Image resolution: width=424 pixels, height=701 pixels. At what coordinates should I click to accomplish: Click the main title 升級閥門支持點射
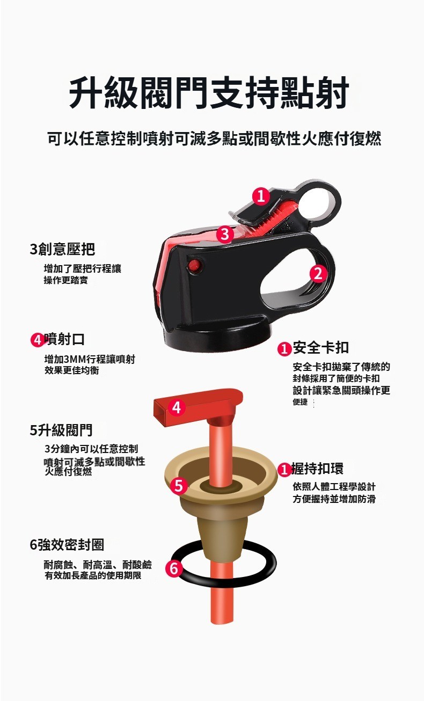point(209,93)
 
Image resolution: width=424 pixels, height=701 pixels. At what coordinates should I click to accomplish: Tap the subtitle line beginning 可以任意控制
point(214,138)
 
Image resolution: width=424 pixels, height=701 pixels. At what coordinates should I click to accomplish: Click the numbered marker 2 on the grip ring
point(318,274)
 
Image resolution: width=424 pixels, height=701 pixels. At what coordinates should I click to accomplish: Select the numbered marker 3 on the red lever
point(225,234)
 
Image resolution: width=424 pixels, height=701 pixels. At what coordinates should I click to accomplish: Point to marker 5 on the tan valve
point(179,486)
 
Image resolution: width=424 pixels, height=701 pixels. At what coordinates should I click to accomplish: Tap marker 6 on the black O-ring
point(174,568)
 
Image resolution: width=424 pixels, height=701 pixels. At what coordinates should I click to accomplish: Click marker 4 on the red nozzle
point(177,407)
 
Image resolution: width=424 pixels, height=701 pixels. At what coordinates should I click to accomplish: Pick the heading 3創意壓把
point(62,249)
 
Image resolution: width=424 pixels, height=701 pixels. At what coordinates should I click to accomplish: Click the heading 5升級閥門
point(61,430)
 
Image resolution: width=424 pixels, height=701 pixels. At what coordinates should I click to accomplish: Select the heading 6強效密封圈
point(67,544)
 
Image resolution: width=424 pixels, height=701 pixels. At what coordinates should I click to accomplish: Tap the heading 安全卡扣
point(321,347)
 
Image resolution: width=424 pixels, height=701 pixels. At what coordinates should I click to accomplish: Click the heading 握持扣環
point(317,469)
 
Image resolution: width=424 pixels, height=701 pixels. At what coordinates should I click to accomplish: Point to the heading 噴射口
point(64,339)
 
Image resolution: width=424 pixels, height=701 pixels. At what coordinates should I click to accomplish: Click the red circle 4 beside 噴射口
point(37,340)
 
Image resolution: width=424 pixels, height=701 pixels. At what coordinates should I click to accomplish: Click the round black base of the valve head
point(217,338)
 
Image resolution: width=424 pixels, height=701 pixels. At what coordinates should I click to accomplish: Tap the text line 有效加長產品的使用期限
point(93,575)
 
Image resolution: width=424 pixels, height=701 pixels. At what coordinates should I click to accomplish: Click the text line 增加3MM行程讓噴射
point(90,359)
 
